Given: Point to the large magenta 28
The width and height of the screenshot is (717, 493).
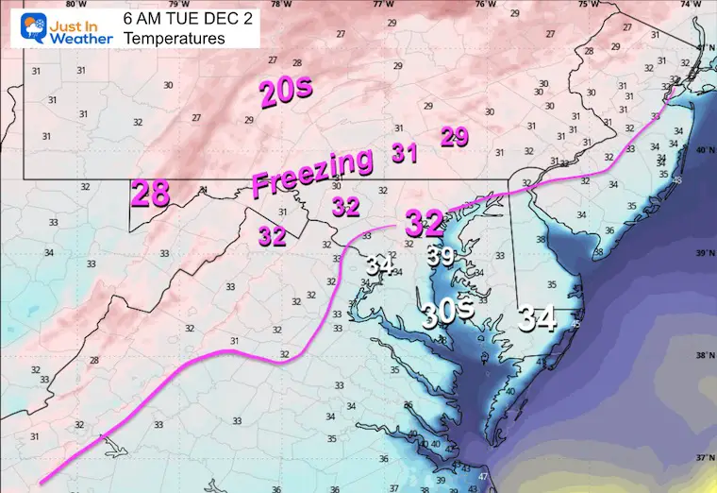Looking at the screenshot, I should pyautogui.click(x=150, y=195).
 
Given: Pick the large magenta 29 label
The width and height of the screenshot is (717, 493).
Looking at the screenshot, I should pyautogui.click(x=455, y=137).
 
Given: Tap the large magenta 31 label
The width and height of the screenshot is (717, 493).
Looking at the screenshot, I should pyautogui.click(x=405, y=153).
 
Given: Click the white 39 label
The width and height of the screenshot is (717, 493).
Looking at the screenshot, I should pyautogui.click(x=441, y=256).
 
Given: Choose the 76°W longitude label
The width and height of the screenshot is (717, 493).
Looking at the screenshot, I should pyautogui.click(x=485, y=5).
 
